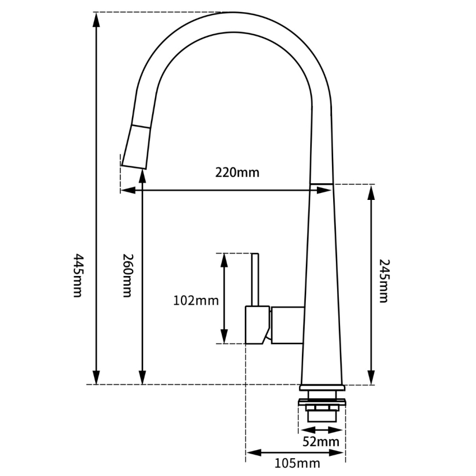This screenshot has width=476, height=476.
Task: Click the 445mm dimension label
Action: point(78,276)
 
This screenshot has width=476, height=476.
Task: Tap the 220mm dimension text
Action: point(237,172)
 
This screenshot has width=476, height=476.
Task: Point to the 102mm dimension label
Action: point(195,301)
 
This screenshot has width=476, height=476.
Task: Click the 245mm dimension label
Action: point(383,281)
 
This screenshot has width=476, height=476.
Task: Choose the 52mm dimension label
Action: point(321,441)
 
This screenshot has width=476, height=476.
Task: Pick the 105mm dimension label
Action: point(297,463)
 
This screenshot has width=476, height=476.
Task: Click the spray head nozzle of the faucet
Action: point(136,147)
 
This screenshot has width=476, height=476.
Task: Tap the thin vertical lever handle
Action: point(255,279)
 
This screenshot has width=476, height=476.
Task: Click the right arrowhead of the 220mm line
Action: point(326,190)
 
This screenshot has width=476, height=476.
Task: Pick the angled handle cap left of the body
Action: point(257,324)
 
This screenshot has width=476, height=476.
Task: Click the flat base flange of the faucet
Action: point(322,388)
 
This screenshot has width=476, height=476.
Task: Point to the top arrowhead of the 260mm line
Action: point(143,175)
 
